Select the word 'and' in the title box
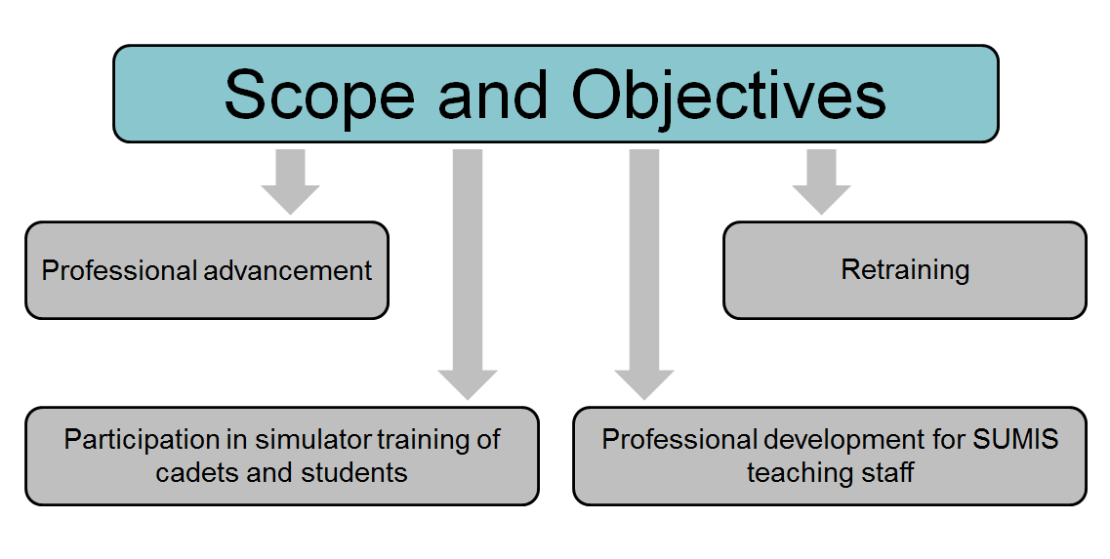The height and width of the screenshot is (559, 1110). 493,94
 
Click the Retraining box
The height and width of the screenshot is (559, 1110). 905,270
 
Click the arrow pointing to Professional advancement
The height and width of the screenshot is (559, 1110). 290,181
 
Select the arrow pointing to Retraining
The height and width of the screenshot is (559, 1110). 821,181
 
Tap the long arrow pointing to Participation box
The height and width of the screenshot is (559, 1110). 468,274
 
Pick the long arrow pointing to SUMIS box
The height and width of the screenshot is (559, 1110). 644,274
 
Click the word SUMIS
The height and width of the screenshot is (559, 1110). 1016,439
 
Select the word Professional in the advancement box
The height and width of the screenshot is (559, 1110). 120,270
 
